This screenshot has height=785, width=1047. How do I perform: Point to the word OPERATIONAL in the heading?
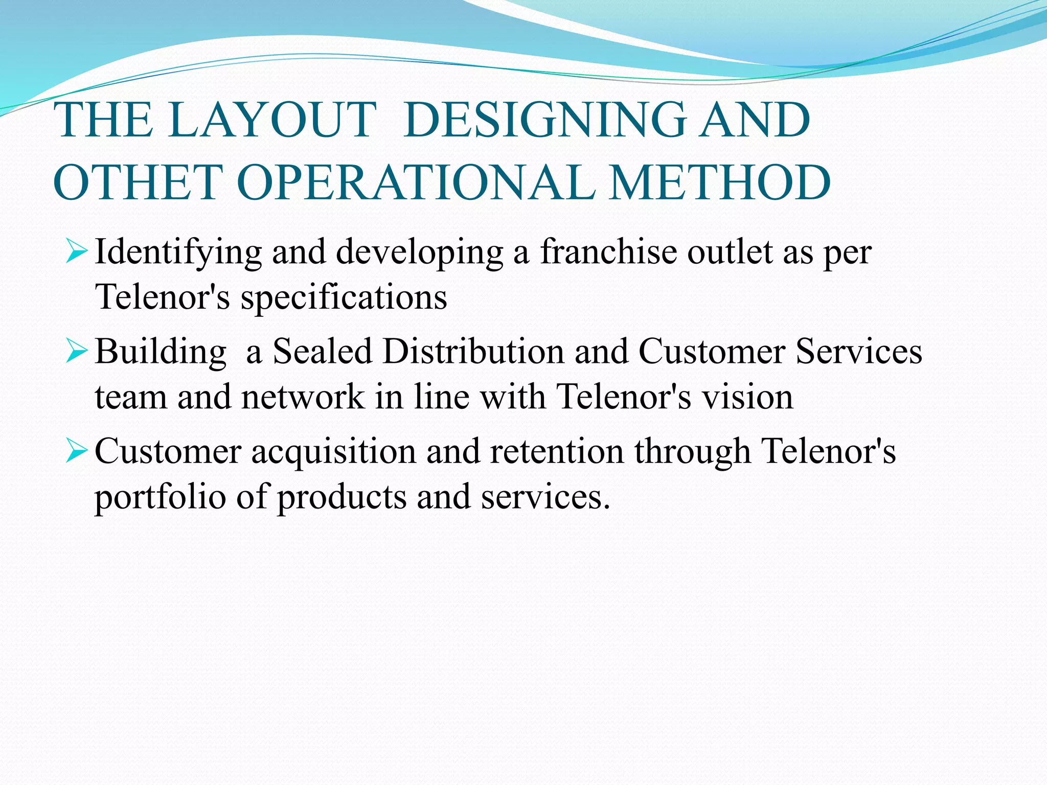coord(417,182)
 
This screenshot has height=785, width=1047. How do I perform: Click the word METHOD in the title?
coord(720,182)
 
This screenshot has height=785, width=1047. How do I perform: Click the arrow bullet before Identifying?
coord(77,252)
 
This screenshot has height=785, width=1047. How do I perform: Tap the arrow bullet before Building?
coord(77,352)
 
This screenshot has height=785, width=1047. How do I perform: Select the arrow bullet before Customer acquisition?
coord(77,452)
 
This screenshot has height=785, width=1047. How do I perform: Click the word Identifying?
coord(178,252)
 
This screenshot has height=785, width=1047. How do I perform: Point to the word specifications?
coord(344,297)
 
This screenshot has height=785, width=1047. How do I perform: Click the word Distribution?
coord(473,352)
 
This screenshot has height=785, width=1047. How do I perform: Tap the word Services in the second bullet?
coord(859,352)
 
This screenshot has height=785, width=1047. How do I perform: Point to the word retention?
coord(557,452)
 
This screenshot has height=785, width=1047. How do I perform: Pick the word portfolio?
coord(160,497)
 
